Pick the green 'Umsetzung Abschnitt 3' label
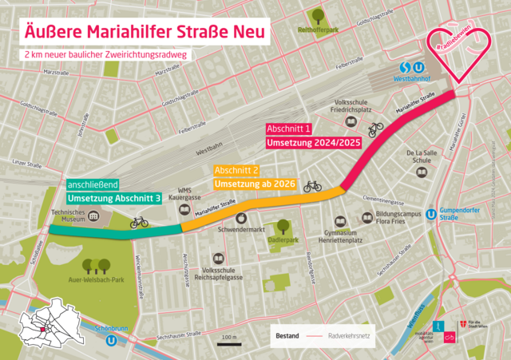[114, 198]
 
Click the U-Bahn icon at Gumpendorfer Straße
[432, 214]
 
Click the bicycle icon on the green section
[140, 222]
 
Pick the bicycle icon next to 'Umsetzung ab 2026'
[312, 187]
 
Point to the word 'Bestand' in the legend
[287, 336]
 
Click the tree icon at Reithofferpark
[317, 15]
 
